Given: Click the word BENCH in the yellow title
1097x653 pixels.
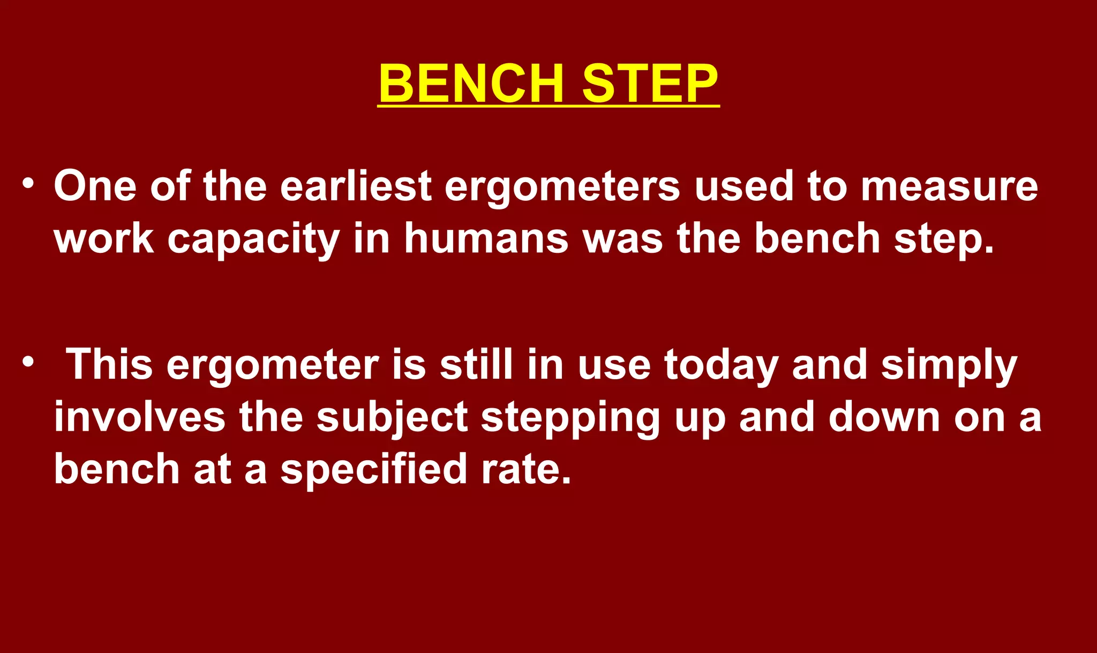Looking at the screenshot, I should [x=471, y=84].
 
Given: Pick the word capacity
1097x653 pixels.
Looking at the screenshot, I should [x=253, y=239].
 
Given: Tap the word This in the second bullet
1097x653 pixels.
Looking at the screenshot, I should [x=109, y=365].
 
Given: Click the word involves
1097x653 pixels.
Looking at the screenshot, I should [x=140, y=417].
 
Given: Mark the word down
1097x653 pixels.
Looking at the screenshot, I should [x=884, y=417].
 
